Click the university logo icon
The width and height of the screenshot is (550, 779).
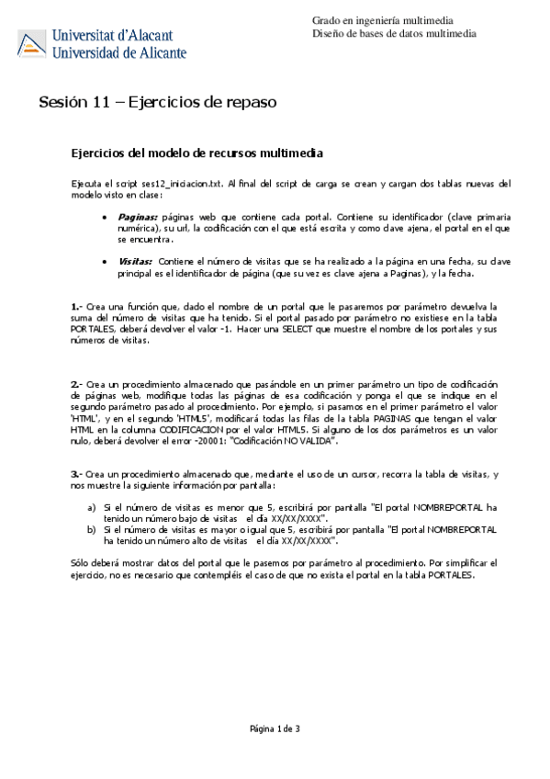pyautogui.click(x=33, y=42)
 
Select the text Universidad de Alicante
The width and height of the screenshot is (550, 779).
pyautogui.click(x=120, y=51)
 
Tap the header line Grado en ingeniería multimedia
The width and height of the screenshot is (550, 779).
pyautogui.click(x=385, y=19)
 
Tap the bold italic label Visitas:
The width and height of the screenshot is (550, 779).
pyautogui.click(x=136, y=262)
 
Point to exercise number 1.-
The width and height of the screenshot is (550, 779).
pyautogui.click(x=77, y=306)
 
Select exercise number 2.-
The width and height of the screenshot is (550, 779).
pyautogui.click(x=77, y=383)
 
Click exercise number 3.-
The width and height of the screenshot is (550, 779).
pyautogui.click(x=77, y=473)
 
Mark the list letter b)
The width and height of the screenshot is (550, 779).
pyautogui.click(x=91, y=530)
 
